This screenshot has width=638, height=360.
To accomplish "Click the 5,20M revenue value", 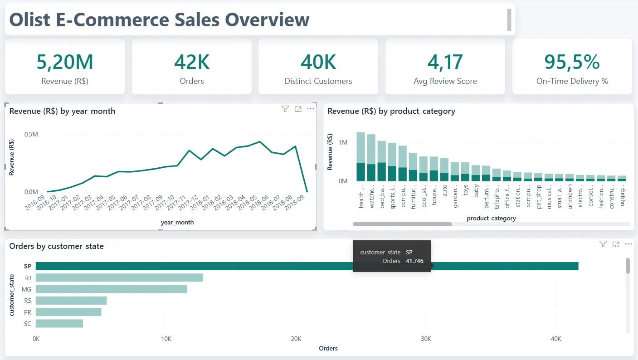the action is [x=65, y=62].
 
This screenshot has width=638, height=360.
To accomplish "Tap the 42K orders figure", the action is [x=192, y=62].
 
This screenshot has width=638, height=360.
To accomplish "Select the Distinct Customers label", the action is [x=318, y=81].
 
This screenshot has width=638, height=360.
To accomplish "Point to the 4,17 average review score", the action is [x=445, y=62].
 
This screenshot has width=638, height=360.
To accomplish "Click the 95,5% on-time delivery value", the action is [x=572, y=62].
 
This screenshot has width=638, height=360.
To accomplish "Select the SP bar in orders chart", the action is [x=307, y=266].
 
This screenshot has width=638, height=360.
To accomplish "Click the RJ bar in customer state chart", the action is [x=119, y=277].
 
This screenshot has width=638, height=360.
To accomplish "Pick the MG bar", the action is [x=112, y=289].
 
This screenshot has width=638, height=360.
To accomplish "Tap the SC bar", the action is [x=59, y=323].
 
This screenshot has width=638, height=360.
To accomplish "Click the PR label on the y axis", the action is [x=28, y=312].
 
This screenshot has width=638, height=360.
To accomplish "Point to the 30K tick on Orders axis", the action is [x=426, y=339].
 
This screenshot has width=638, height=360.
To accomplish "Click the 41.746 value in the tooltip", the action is [x=414, y=261].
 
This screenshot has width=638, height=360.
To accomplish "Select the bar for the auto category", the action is [x=444, y=170].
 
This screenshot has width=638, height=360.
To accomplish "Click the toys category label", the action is [x=465, y=190].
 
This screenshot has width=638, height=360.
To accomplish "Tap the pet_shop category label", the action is [x=538, y=197].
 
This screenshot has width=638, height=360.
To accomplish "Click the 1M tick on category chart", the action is [x=343, y=142].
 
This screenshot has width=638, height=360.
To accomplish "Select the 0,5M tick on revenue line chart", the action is [x=31, y=134].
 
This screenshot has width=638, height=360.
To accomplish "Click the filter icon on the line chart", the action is [x=285, y=109].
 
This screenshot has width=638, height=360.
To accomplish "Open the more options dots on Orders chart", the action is [x=628, y=244].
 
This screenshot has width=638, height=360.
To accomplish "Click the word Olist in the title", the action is [x=29, y=19].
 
